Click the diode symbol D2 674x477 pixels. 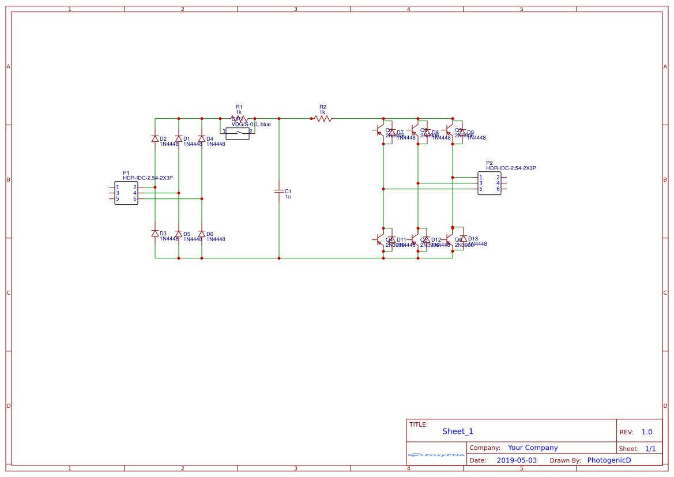pos(155,139)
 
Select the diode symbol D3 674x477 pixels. pos(155,234)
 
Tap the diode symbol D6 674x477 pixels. pos(202,234)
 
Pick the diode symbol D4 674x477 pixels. pos(202,139)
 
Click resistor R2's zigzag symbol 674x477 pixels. pos(323,118)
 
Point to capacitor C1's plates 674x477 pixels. pos(279,191)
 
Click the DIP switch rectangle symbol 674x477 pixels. pos(237,134)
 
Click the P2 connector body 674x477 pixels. pos(490,183)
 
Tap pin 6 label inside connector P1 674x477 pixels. pos(135,199)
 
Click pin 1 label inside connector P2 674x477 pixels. pos(481,177)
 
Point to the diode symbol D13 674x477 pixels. pos(463,238)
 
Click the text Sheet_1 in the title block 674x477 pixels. pos(458,431)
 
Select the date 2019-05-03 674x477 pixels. pos(517,460)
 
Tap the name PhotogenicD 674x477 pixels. pos(609,460)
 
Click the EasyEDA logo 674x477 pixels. pos(436,455)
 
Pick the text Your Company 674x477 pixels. pos(533,448)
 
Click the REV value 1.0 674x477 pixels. pos(647,432)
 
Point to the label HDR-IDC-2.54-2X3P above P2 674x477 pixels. pos(511,168)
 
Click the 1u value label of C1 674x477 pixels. pos(288,197)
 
